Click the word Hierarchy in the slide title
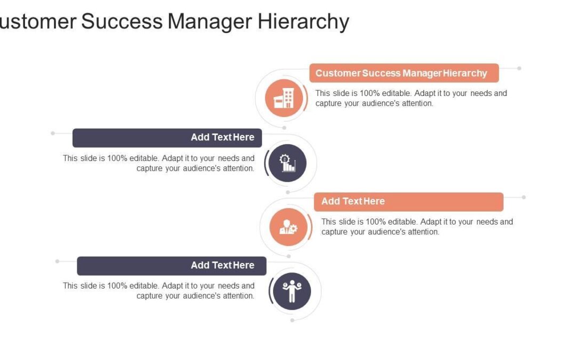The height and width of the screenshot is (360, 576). tap(304, 21)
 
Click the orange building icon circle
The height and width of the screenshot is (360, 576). tap(284, 98)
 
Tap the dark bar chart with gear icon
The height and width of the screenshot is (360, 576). tap(287, 163)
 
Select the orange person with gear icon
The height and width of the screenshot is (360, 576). tap(289, 227)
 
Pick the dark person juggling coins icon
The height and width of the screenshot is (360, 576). tap(292, 291)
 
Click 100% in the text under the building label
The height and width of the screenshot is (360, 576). tap(369, 93)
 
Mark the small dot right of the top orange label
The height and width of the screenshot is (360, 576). tap(519, 68)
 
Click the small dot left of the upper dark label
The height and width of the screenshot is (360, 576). tap(53, 133)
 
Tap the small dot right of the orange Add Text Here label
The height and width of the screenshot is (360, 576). tap(524, 197)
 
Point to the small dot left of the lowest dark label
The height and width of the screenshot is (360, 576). tap(58, 261)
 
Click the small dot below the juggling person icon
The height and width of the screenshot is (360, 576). tap(292, 320)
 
